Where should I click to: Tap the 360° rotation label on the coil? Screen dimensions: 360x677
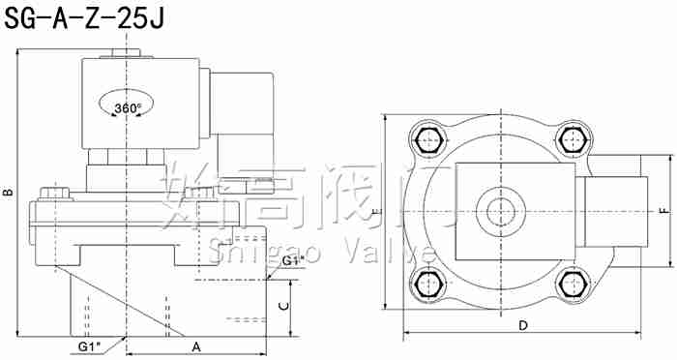[127, 107]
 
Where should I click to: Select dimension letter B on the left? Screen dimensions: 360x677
[8, 194]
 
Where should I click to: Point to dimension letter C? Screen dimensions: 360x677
[281, 305]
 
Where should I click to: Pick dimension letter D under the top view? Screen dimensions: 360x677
[522, 325]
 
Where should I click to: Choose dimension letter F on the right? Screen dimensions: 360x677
[662, 211]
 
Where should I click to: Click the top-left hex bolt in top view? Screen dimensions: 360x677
[428, 139]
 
